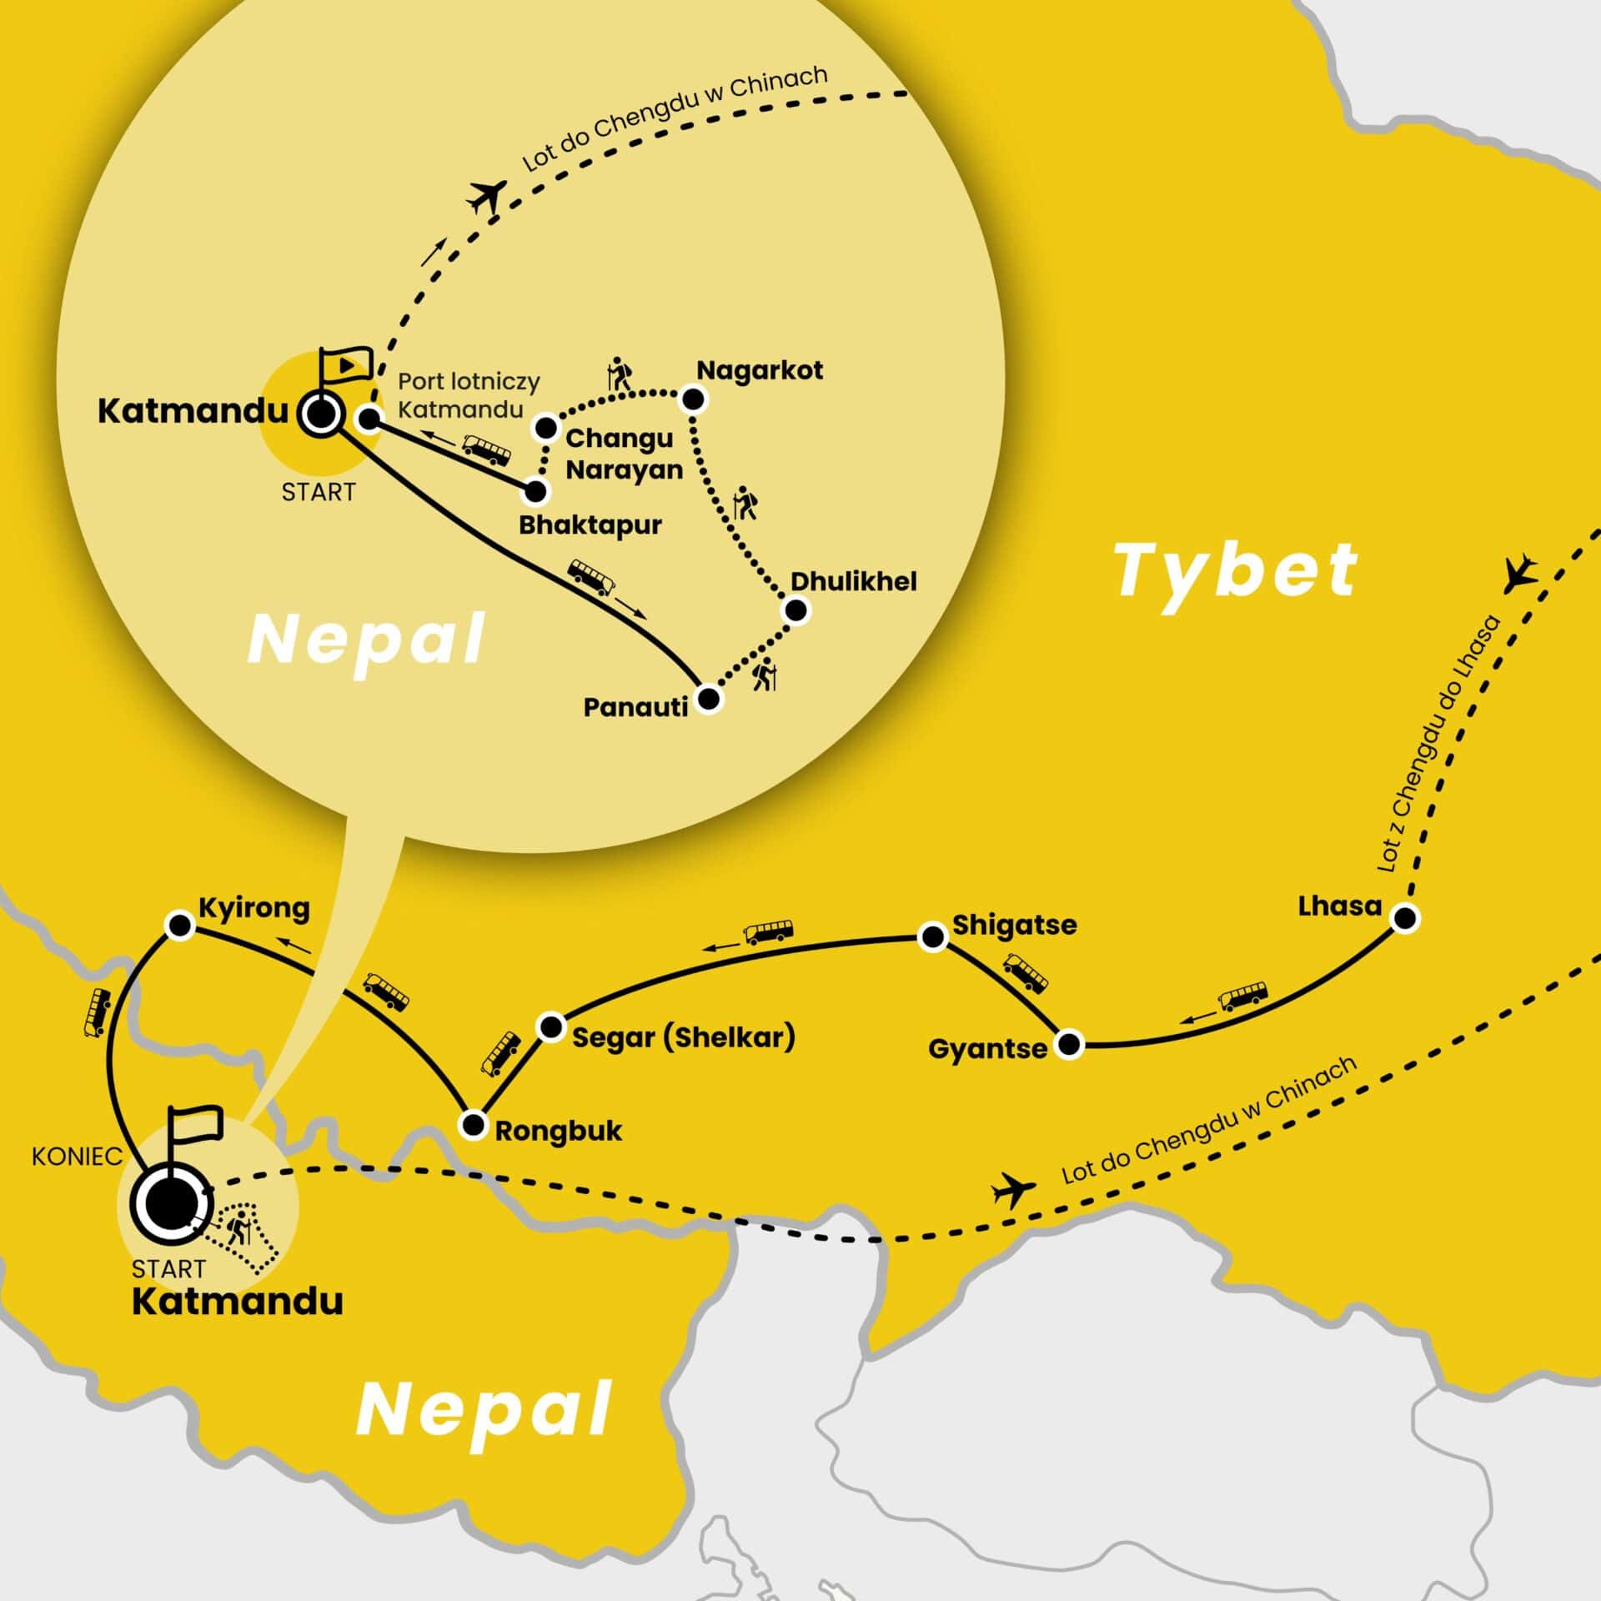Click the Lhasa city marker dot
[1405, 918]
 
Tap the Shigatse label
[1014, 925]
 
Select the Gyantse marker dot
[1069, 1043]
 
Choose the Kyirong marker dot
[179, 925]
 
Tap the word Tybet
[1237, 570]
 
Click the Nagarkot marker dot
[694, 400]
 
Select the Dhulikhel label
[853, 581]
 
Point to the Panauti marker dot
[708, 699]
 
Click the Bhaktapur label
[590, 525]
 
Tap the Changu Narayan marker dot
[546, 428]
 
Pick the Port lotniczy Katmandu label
[468, 395]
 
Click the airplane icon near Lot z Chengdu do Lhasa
[1520, 573]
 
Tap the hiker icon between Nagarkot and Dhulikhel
[744, 504]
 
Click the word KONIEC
[77, 1157]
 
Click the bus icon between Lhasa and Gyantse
[1243, 996]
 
